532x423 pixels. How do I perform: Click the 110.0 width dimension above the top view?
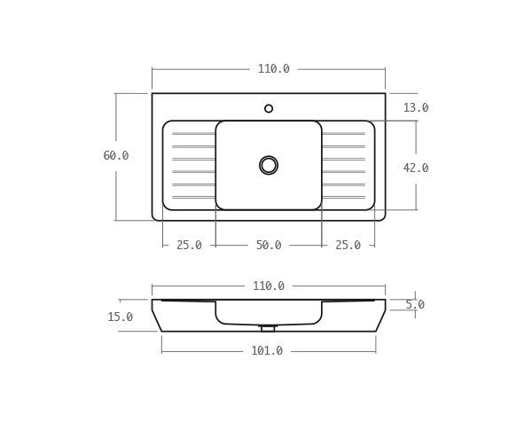[273, 69]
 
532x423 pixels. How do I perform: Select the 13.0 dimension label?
[415, 108]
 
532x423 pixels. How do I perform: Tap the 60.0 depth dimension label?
[115, 156]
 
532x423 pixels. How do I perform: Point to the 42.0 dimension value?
[415, 168]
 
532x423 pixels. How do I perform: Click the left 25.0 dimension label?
[189, 246]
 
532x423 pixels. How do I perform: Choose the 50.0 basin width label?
[268, 246]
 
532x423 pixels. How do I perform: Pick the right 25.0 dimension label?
[348, 246]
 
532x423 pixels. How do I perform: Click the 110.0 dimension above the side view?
[268, 286]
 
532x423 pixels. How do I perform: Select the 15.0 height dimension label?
[120, 317]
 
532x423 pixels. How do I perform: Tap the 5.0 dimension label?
[414, 305]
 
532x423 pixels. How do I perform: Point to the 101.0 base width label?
[266, 351]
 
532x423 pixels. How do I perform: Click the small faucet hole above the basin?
[269, 108]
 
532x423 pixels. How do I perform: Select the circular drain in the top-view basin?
[269, 165]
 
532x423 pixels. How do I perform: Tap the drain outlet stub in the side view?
[268, 328]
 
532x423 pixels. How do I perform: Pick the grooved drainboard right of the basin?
[346, 165]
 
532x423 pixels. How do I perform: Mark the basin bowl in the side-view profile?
[269, 314]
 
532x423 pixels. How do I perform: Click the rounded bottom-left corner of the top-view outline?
[154, 217]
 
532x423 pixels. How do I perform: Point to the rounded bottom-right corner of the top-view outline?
[382, 217]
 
